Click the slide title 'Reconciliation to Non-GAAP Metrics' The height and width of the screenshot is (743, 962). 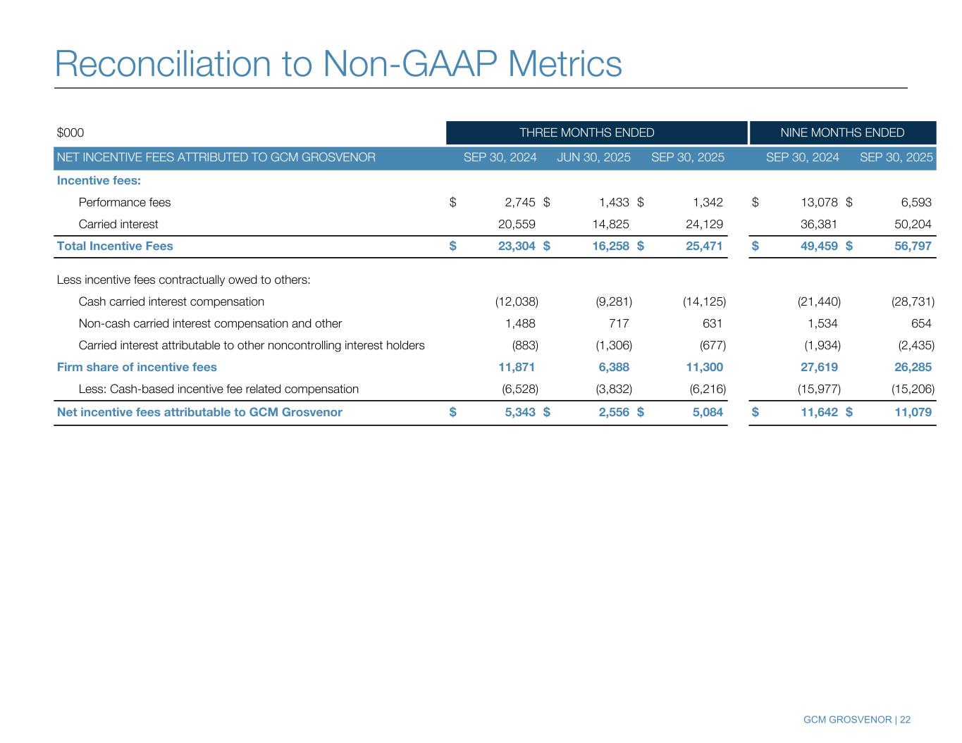click(338, 63)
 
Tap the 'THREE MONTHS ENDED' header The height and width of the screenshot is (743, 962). click(586, 132)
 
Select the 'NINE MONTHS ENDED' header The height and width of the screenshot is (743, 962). click(842, 132)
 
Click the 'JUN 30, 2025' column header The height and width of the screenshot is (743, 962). click(593, 157)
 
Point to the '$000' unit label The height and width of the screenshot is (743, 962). click(70, 133)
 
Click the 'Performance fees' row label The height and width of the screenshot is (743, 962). click(125, 203)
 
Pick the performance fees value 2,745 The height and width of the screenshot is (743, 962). click(520, 203)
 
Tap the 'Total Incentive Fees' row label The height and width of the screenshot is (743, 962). click(115, 246)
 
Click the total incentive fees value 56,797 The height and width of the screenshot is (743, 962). click(913, 246)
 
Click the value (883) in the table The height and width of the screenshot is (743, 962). click(525, 346)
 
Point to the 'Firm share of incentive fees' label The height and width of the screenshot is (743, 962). click(137, 367)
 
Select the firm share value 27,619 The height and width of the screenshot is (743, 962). click(820, 367)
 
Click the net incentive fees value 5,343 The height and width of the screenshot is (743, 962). click(520, 412)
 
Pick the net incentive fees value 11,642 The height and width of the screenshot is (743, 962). click(820, 412)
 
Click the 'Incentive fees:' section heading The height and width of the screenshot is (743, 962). click(99, 181)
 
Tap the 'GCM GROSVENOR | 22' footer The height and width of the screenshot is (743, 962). click(856, 720)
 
